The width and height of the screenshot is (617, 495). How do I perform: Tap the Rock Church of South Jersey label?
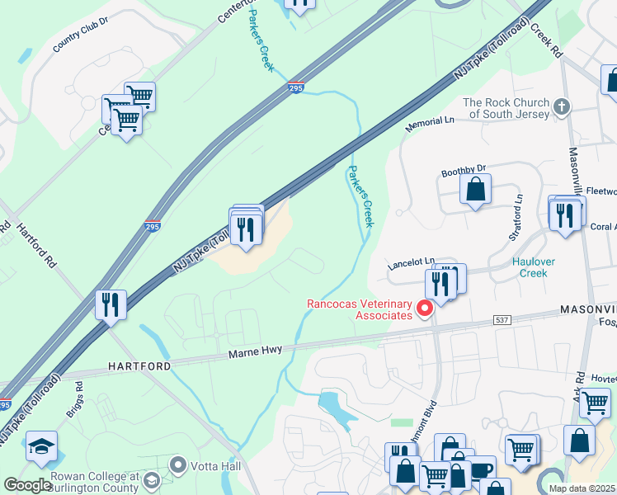506,108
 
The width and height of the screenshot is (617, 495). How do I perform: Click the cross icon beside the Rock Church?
562,106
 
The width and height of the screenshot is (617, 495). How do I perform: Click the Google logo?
27,485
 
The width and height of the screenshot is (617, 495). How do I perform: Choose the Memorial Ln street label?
430,125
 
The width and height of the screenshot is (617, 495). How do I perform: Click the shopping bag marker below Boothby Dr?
475,190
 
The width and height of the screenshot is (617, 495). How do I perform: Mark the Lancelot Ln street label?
412,263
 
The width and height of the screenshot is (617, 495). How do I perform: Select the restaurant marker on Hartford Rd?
110,304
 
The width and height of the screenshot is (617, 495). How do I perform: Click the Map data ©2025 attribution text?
582,488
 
